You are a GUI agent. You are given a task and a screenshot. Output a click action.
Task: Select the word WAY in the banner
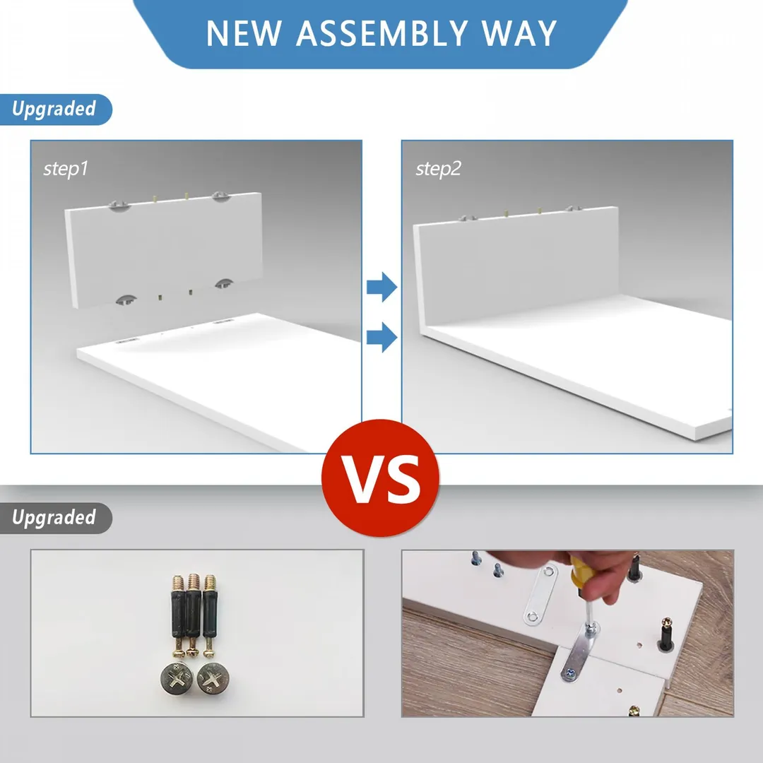coord(519,33)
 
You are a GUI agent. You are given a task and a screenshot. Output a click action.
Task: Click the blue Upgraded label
coord(54,109)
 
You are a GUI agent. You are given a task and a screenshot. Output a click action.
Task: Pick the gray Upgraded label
coord(54,518)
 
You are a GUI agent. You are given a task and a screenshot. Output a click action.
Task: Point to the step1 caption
coord(66,169)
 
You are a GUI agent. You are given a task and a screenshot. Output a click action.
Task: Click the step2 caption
coord(438,169)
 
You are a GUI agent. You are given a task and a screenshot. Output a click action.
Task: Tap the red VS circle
coord(381,478)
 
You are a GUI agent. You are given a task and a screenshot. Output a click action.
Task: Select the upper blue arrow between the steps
coord(382,287)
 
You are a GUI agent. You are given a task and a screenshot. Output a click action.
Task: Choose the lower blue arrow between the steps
coord(382,337)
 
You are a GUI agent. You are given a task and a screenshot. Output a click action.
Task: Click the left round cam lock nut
coord(177,678)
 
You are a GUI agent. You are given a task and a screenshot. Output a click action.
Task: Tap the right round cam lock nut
coord(213,678)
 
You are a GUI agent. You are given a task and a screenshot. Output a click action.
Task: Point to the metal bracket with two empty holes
coord(540,595)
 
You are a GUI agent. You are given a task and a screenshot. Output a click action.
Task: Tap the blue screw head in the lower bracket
coord(570,674)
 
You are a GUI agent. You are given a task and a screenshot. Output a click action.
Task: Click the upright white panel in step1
coord(164,251)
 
